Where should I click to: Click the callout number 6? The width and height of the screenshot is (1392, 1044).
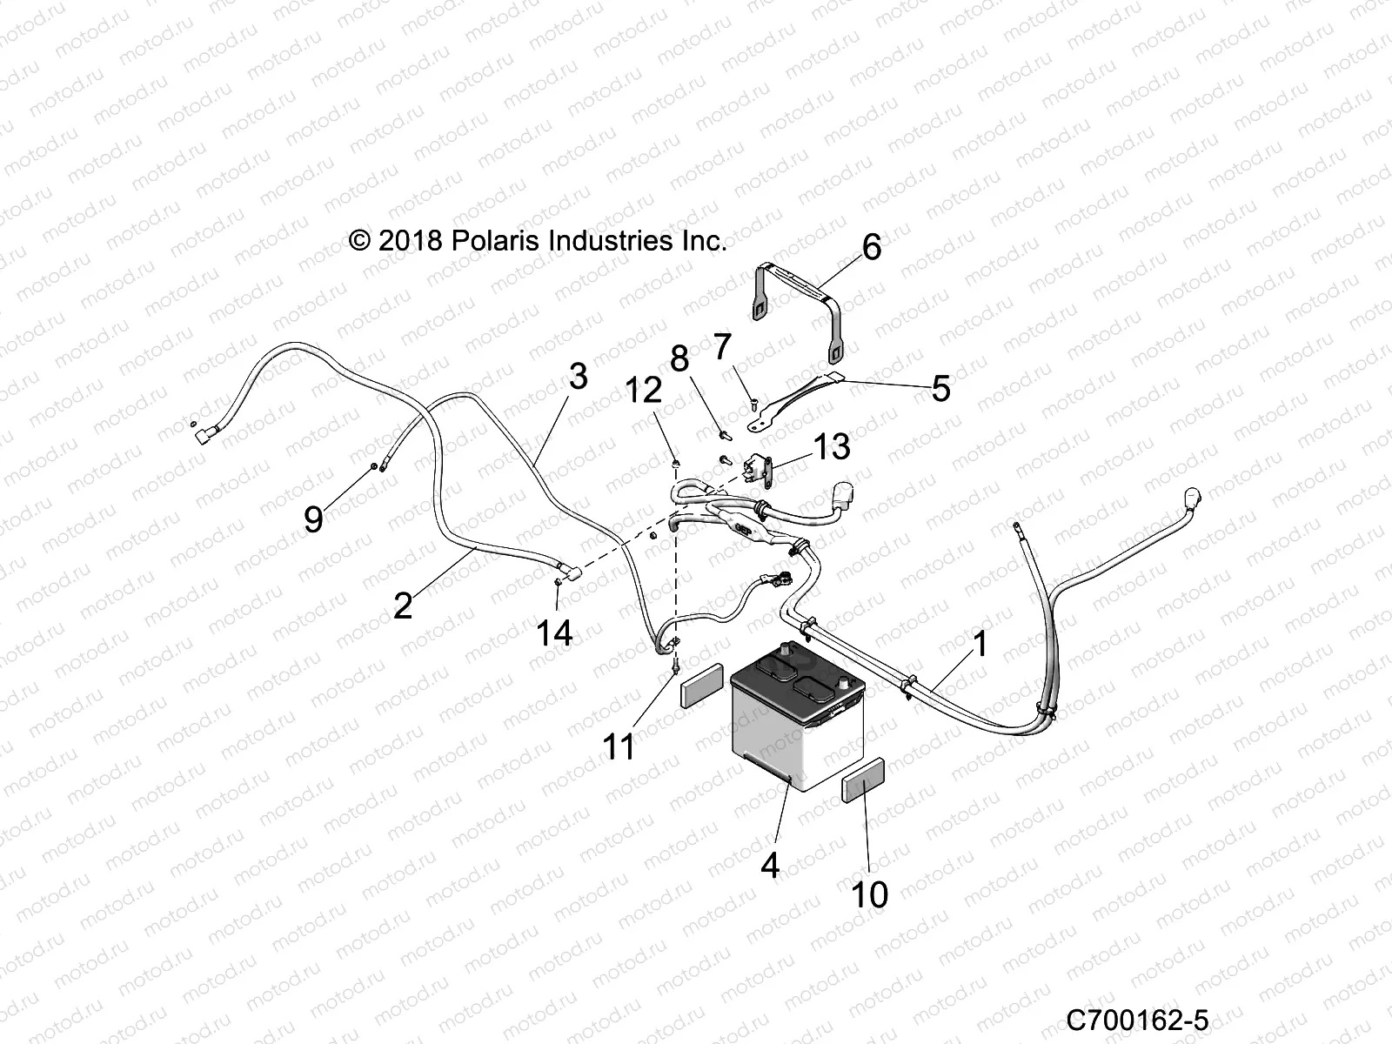(x=872, y=247)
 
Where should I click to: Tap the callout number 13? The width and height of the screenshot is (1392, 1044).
(x=832, y=446)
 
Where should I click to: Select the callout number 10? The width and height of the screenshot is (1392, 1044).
(x=869, y=894)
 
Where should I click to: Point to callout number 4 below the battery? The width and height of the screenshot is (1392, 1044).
(x=770, y=865)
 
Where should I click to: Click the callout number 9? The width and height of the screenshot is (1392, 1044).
(x=313, y=519)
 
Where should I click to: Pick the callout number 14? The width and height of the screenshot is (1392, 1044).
(x=554, y=632)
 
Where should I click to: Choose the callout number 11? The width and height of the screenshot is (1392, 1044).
(x=619, y=746)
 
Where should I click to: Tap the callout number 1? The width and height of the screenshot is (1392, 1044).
(x=980, y=644)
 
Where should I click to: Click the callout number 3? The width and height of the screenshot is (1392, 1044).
(x=578, y=377)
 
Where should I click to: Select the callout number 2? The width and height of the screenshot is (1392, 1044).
(x=404, y=606)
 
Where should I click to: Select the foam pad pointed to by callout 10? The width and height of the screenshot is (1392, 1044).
(x=863, y=780)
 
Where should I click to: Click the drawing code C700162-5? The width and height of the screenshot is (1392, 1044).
(x=1137, y=1021)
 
